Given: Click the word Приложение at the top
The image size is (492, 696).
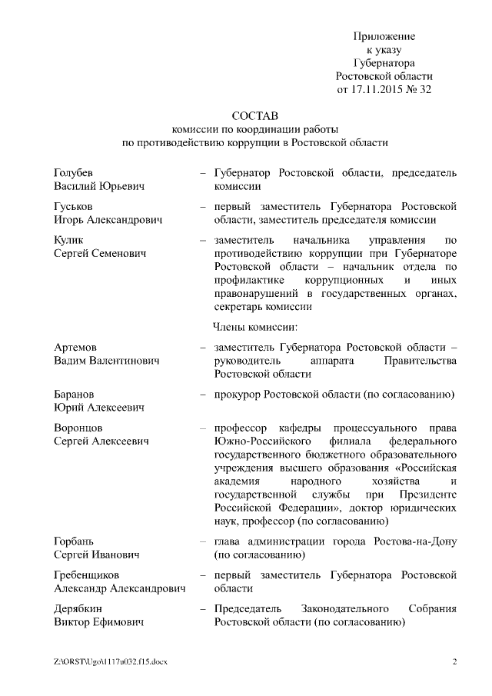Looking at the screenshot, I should pos(384,36).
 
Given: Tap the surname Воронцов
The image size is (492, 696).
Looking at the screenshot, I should pos(78,428).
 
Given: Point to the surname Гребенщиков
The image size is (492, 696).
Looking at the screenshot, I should pos(87,575).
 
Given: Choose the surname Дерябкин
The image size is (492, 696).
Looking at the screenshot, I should pos(78,609).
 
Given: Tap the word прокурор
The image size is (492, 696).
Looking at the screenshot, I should pos(238,395).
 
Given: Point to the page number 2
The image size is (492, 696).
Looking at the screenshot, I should pos(454,662).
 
